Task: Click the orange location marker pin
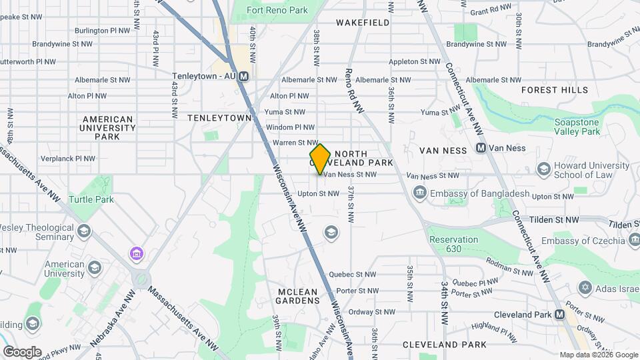point(320,159)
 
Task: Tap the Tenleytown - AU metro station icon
point(244,76)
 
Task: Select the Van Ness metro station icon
point(481,148)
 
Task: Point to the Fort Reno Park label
point(277,10)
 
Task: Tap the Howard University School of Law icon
point(543,170)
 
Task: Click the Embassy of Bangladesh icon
point(420,194)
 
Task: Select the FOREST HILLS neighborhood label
point(555,90)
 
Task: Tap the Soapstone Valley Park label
point(587,127)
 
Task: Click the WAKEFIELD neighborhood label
point(363,23)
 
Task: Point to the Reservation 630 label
point(453,244)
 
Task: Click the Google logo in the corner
point(21,351)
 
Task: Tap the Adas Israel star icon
point(585,287)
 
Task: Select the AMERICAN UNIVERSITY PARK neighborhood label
point(107,127)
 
